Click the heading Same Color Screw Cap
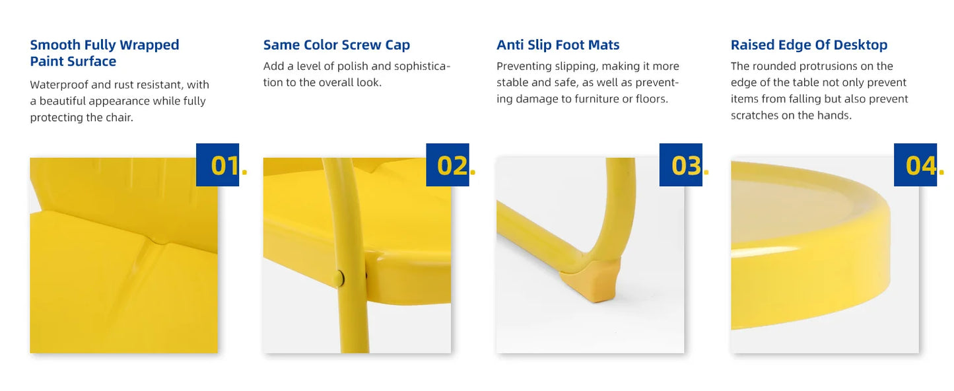pyautogui.click(x=337, y=45)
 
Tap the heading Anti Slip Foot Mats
pyautogui.click(x=558, y=45)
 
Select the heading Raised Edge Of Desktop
pyautogui.click(x=809, y=45)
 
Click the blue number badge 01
pyautogui.click(x=217, y=165)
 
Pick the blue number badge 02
pyautogui.click(x=448, y=165)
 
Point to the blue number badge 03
pyautogui.click(x=681, y=165)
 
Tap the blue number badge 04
pyautogui.click(x=915, y=165)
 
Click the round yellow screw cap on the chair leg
pyautogui.click(x=339, y=278)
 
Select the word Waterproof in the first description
pyautogui.click(x=59, y=85)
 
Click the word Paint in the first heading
pyautogui.click(x=47, y=61)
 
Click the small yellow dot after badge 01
pyautogui.click(x=244, y=172)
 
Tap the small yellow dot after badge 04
pyautogui.click(x=941, y=172)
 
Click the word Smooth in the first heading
pyautogui.click(x=55, y=45)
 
